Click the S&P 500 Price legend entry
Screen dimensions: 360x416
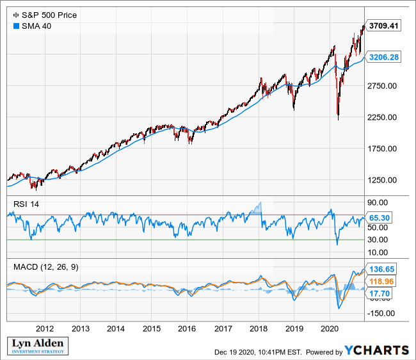(45, 15)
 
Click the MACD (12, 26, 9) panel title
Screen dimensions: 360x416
(44, 265)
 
